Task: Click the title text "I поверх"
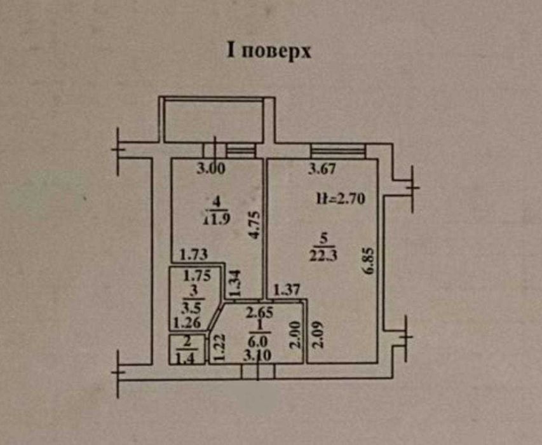coord(269,51)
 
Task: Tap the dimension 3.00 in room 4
coord(211,168)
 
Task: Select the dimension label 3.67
coord(322,168)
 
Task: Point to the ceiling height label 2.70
coord(350,199)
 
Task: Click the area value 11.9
coord(217,219)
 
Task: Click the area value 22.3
coord(323,256)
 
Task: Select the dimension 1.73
coord(194,255)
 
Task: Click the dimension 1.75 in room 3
coord(197,275)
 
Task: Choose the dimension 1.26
coord(187,322)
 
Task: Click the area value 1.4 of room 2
coord(186,358)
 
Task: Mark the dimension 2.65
coord(260,313)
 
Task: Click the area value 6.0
coord(258,341)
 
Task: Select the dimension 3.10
coord(257,355)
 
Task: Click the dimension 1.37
coord(287,290)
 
